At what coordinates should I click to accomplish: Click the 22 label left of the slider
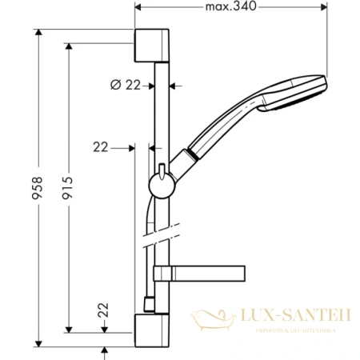[101, 146]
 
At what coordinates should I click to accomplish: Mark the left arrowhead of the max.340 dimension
[140, 8]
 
